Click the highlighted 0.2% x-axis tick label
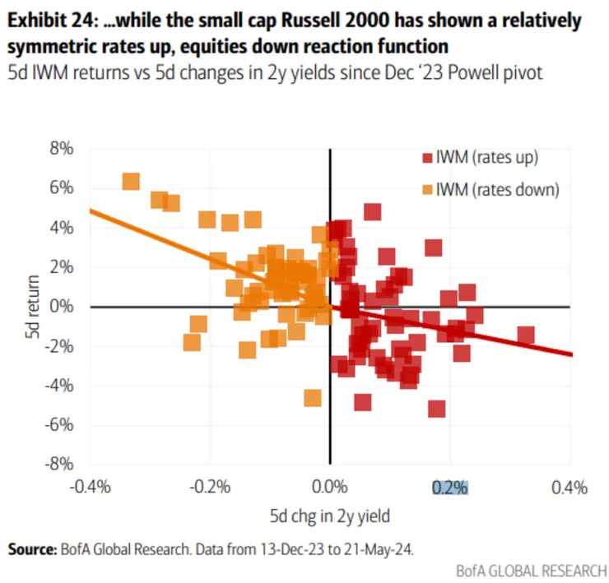point(449,488)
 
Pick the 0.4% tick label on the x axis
point(569,488)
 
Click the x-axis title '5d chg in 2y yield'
point(330,516)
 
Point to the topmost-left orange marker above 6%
point(130,182)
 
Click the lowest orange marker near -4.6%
point(312,398)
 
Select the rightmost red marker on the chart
point(525,335)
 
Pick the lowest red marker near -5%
point(436,409)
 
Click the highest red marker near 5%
point(373,212)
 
